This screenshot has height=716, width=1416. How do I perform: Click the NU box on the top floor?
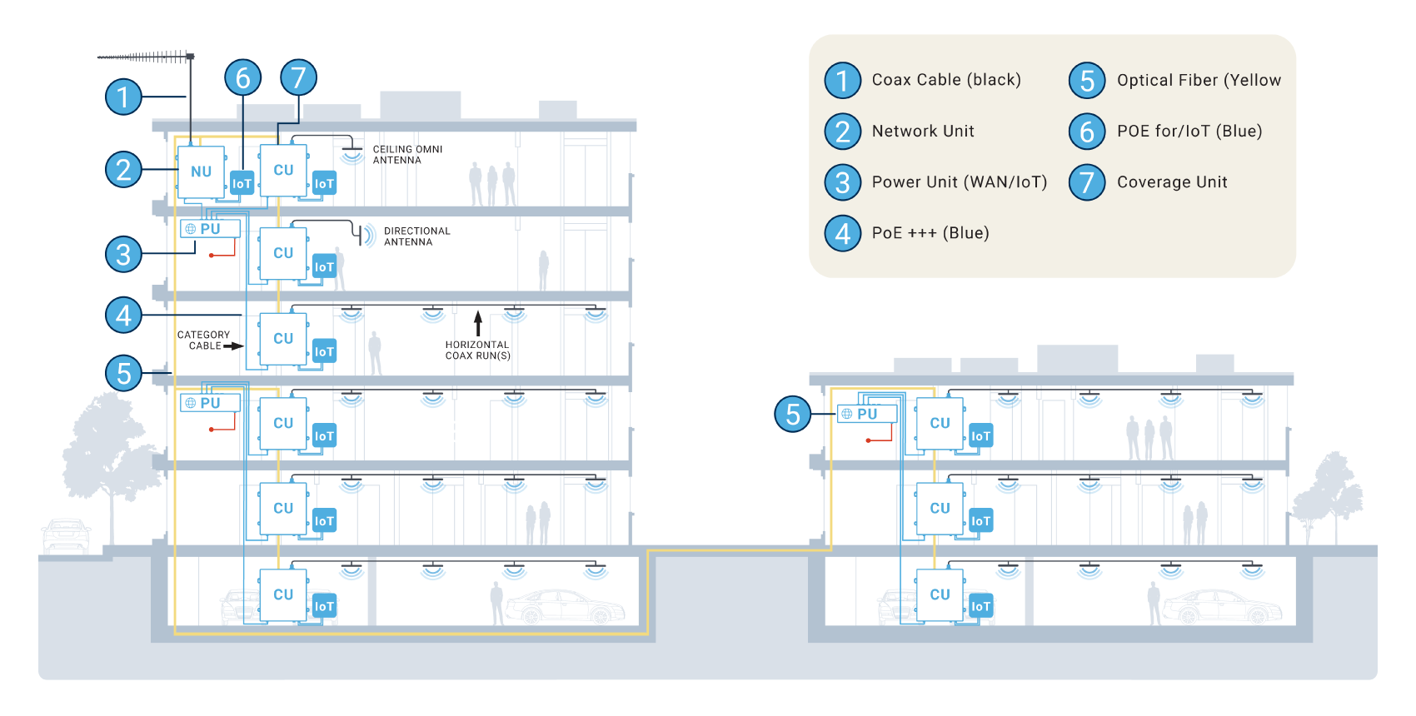[201, 172]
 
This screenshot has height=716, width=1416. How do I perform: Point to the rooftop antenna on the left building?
[147, 57]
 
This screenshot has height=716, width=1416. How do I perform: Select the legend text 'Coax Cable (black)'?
[946, 80]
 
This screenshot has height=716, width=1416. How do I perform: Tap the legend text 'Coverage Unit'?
[1172, 182]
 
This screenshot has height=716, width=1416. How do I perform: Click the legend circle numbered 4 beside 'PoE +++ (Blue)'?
[842, 233]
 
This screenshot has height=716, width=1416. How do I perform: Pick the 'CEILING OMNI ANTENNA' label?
[407, 155]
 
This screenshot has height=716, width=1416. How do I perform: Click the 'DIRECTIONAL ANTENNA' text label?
[416, 236]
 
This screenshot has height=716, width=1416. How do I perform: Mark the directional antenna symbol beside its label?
[364, 236]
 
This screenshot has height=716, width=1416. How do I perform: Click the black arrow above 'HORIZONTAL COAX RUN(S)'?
[478, 323]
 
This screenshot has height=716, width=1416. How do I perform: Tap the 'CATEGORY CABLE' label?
[203, 341]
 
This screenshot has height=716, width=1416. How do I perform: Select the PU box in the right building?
[867, 414]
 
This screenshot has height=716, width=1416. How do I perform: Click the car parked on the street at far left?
[66, 535]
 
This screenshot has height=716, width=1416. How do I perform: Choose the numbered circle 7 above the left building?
[298, 78]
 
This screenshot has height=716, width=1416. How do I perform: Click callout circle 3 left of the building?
[123, 254]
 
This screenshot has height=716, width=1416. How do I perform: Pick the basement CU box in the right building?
[940, 594]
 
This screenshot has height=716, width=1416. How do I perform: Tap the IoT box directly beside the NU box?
[242, 184]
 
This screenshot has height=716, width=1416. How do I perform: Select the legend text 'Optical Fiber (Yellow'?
[1199, 81]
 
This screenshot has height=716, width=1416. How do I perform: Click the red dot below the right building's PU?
[868, 440]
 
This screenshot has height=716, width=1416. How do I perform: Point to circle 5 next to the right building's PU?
[792, 414]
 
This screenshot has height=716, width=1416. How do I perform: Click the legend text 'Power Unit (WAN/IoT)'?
[959, 182]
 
